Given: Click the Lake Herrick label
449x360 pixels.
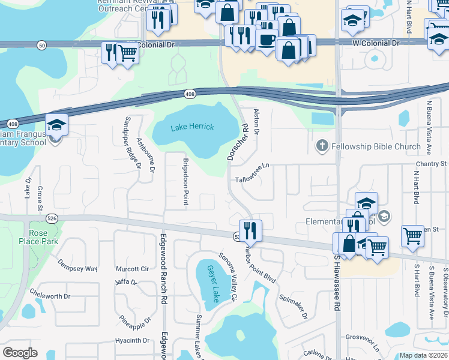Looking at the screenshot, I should tap(188, 127).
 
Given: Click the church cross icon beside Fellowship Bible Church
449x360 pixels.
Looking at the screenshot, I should tap(322, 146).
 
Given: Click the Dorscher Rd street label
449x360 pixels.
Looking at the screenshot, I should tap(236, 142).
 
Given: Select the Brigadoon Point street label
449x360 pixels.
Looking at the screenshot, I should tap(186, 178).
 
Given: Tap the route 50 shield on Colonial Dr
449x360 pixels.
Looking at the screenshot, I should tap(41, 44).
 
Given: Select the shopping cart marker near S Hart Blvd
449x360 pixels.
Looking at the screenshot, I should tap(412, 236).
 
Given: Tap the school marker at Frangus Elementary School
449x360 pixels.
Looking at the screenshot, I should tap(56, 125).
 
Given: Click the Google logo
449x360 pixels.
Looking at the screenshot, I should tap(20, 353).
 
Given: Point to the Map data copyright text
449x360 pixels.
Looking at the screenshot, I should tap(423, 355).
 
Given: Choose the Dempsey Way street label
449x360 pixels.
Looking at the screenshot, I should tap(77, 265).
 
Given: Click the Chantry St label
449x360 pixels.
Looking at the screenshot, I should tap(432, 164).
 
